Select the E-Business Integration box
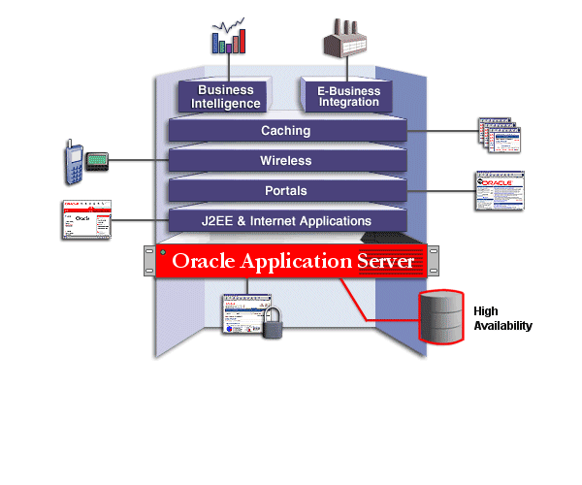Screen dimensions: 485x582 (348, 97)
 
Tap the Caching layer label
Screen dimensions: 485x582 (285, 130)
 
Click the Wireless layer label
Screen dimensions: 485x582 (285, 160)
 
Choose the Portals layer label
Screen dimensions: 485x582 (285, 190)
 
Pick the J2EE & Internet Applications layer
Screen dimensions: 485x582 (285, 221)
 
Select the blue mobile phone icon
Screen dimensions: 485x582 (72, 161)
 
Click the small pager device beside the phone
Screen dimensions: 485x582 (94, 160)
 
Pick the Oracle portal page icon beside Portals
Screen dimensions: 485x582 (499, 191)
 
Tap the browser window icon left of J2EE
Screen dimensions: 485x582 (85, 220)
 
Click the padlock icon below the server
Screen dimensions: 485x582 (274, 323)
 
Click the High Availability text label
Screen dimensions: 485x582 (502, 318)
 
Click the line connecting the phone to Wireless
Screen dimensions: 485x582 (136, 160)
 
